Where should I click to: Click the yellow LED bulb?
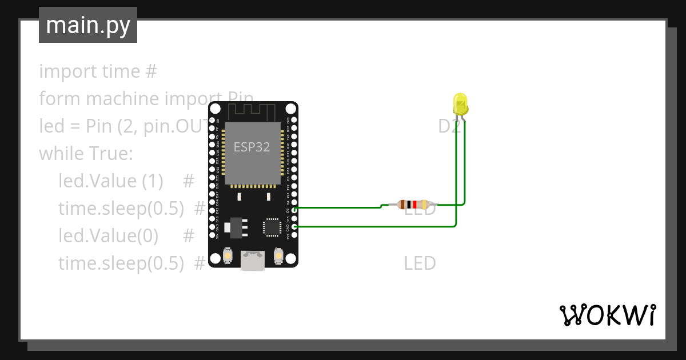(460, 104)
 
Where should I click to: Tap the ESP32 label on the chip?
(252, 147)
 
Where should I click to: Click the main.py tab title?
(88, 25)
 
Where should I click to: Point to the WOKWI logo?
(607, 315)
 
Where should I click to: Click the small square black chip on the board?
(272, 227)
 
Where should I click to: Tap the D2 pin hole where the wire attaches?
(294, 210)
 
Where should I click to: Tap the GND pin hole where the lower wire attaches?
(294, 227)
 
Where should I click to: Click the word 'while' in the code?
(61, 154)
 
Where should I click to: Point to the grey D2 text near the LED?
(449, 126)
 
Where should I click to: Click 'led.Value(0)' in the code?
(108, 235)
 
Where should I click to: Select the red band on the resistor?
(414, 204)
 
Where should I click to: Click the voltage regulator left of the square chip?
(234, 227)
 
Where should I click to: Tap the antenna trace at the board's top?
(253, 110)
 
